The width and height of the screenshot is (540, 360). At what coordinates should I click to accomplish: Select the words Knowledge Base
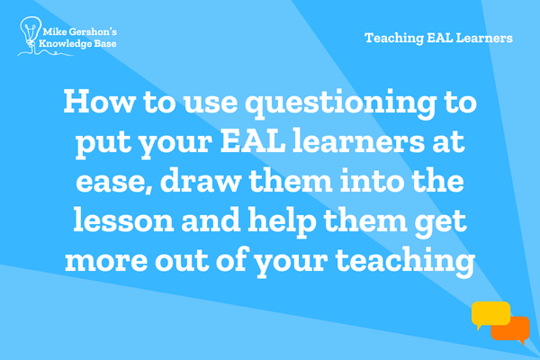(x=77, y=44)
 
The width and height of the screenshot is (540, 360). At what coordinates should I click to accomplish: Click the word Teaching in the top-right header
(x=394, y=38)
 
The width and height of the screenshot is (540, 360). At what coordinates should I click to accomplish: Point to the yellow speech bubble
(x=490, y=314)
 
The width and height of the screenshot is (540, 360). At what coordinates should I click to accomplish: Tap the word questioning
(x=341, y=104)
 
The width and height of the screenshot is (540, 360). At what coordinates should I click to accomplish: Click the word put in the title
(x=103, y=143)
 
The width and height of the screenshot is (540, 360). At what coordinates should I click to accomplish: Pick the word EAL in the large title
(x=253, y=140)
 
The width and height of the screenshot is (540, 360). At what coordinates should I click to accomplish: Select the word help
(x=282, y=222)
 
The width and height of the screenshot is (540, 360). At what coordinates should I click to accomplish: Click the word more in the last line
(x=106, y=261)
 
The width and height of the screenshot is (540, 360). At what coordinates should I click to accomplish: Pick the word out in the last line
(x=182, y=260)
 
